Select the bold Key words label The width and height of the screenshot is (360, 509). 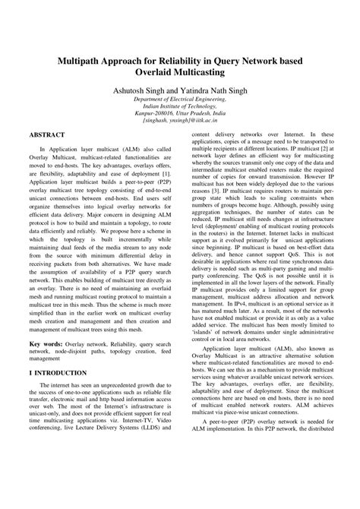click(47, 343)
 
